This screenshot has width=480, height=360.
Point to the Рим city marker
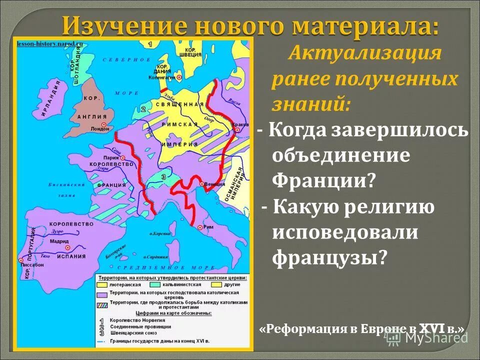pyautogui.click(x=200, y=227)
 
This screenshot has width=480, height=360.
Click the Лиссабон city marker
pyautogui.click(x=21, y=260)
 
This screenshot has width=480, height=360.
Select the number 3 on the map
pyautogui.click(x=163, y=176)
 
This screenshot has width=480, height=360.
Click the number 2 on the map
pyautogui.click(x=143, y=109)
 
